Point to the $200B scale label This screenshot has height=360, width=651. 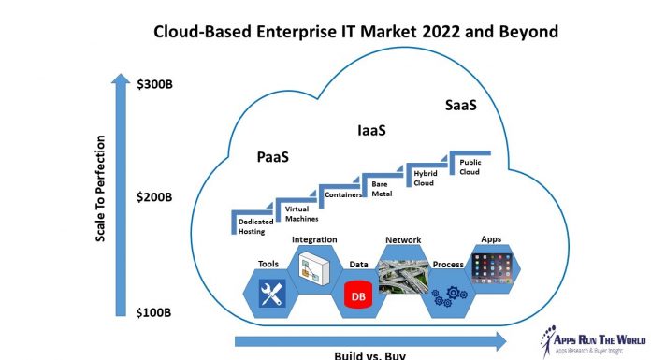[154, 197]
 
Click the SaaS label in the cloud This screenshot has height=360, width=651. [460, 106]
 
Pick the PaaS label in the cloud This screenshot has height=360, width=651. [272, 158]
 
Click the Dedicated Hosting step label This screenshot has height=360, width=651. [252, 226]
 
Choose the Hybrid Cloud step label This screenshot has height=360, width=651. [426, 177]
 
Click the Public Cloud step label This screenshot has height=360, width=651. [470, 166]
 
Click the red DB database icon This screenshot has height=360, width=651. [356, 295]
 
